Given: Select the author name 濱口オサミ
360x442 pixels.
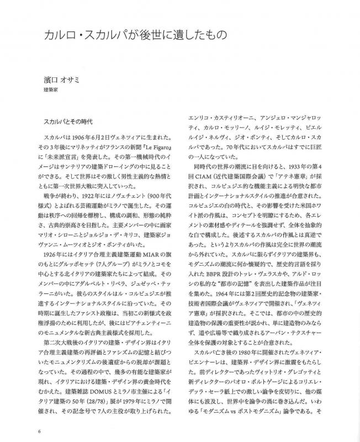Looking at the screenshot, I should (62, 78).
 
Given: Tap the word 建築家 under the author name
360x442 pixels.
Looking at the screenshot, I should (51, 89).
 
